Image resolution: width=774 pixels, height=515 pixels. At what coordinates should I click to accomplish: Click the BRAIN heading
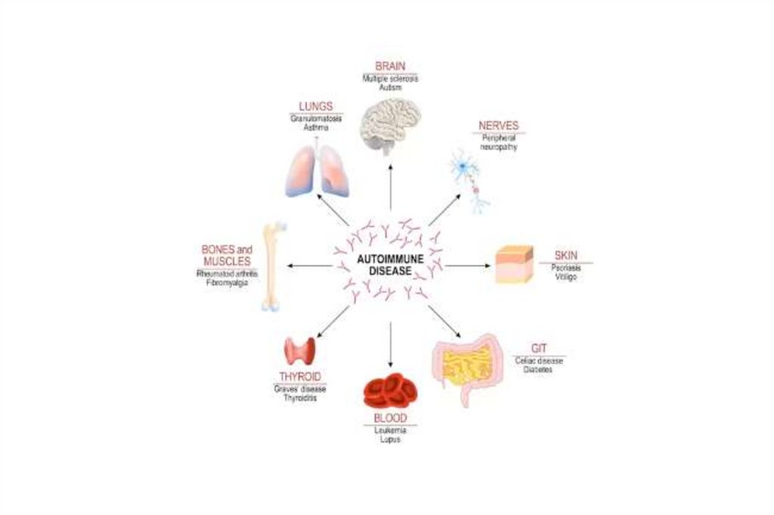390,66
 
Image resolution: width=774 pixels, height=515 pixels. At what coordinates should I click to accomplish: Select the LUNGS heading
315,107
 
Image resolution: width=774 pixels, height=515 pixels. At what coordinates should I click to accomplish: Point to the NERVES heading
499,126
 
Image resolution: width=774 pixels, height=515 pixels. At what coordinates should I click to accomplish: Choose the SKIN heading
565,255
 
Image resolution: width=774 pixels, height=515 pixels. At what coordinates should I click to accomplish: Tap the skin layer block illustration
514,264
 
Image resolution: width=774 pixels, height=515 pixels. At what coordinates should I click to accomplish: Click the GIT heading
539,348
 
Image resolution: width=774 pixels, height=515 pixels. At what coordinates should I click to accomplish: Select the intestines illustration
469,365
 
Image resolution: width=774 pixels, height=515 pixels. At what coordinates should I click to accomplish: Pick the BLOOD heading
390,418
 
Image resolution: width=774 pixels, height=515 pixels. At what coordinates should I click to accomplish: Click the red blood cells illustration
390,390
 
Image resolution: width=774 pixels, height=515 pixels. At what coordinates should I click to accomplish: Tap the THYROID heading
299,376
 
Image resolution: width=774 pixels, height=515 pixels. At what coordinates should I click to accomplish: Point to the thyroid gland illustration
299,350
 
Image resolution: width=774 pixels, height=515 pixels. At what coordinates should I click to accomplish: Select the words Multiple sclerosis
390,79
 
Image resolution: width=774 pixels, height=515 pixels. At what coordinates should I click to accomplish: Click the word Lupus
390,439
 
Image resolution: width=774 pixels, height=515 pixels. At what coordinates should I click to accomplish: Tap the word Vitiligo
565,277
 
